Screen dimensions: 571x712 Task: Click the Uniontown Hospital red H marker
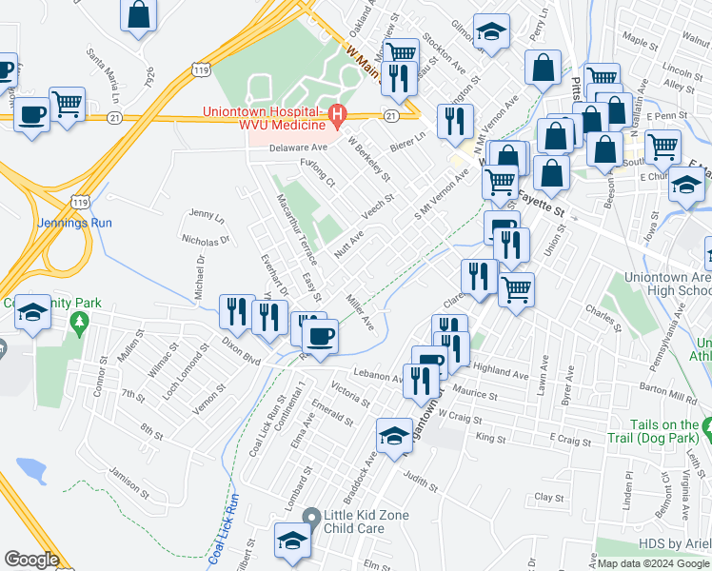point(336,118)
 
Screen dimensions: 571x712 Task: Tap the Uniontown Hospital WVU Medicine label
point(265,118)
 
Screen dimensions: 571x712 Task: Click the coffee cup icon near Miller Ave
point(320,336)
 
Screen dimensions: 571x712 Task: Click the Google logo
point(31,560)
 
